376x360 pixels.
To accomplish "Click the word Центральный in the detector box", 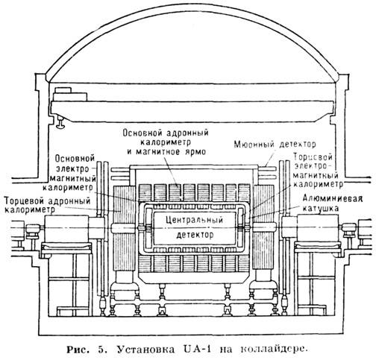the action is point(194,220).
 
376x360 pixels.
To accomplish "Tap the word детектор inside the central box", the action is point(195,235).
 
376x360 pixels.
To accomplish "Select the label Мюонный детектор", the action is point(275,144).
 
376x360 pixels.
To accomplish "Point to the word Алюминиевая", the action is point(333,198).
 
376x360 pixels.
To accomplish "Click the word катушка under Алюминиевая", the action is point(320,208).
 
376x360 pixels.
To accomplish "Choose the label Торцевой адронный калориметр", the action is point(47,205).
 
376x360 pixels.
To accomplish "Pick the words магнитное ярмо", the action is point(171,151).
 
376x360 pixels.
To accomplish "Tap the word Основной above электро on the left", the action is point(75,158).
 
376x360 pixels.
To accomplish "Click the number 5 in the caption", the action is point(101,350).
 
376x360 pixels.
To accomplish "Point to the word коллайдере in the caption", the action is point(273,350).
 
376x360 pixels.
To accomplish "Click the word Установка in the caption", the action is point(145,350).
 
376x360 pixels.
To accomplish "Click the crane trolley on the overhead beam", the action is point(70,95).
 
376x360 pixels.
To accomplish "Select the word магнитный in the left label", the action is point(73,178).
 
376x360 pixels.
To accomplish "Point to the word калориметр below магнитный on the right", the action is point(319,184).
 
